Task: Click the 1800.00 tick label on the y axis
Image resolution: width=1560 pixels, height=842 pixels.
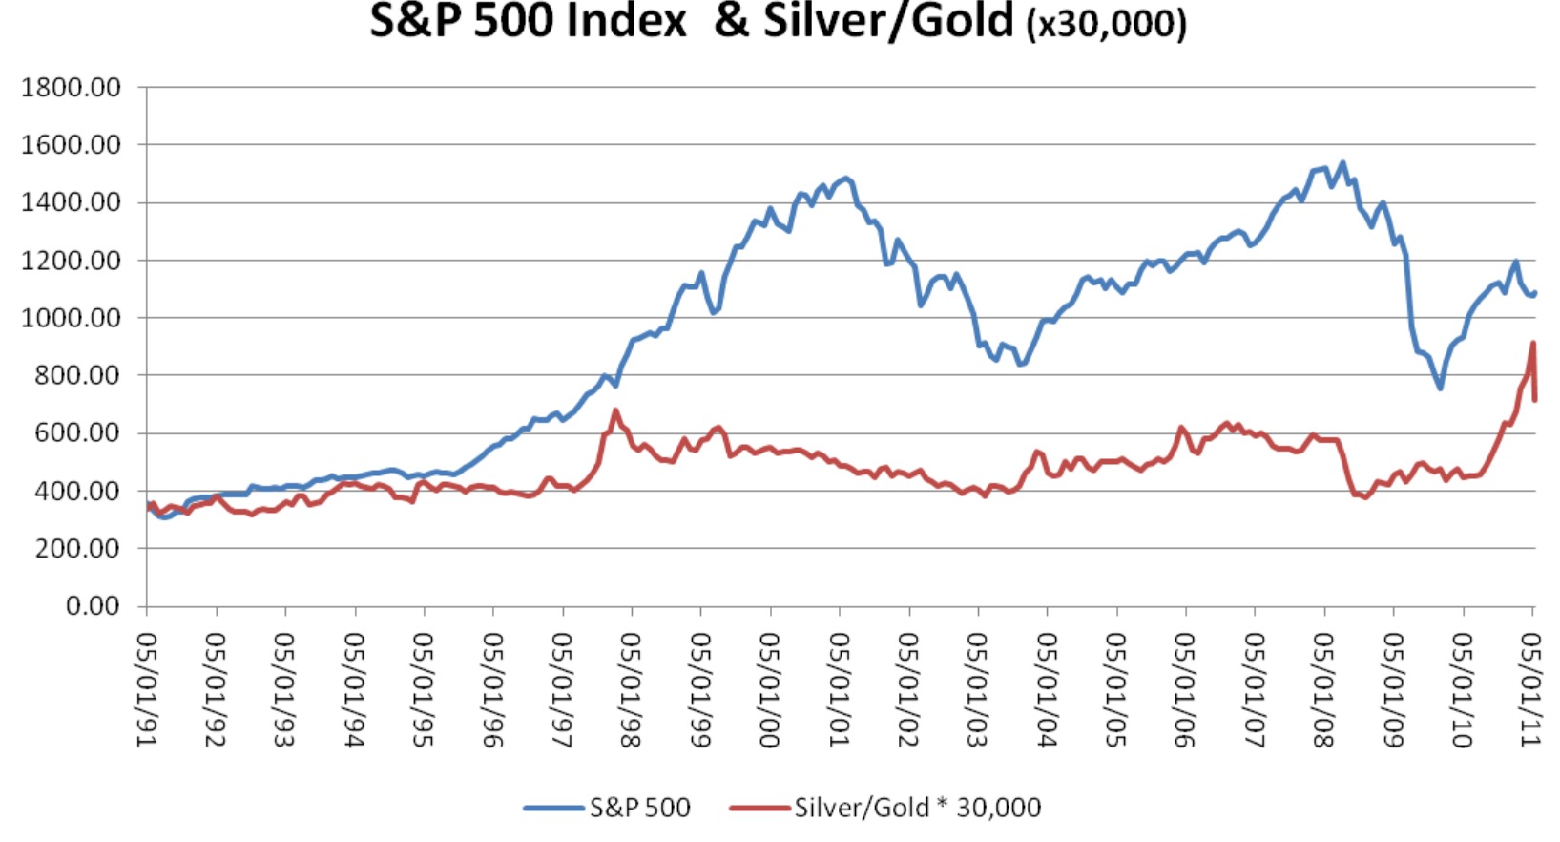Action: pyautogui.click(x=72, y=87)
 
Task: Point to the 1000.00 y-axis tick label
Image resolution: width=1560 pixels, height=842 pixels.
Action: pyautogui.click(x=72, y=318)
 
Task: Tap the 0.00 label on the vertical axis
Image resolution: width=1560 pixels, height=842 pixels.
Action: pyautogui.click(x=93, y=606)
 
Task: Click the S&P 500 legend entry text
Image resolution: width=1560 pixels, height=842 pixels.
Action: pyautogui.click(x=639, y=808)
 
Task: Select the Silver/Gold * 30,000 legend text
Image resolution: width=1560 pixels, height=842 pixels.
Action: pyautogui.click(x=917, y=808)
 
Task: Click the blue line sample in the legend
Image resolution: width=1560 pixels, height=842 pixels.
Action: pyautogui.click(x=553, y=809)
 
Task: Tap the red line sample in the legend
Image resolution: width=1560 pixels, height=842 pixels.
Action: pyautogui.click(x=759, y=809)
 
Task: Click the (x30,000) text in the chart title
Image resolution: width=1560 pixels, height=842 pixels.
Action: pyautogui.click(x=1106, y=23)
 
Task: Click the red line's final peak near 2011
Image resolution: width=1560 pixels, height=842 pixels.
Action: pyautogui.click(x=1532, y=343)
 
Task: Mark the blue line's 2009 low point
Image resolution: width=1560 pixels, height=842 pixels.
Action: pyautogui.click(x=1440, y=388)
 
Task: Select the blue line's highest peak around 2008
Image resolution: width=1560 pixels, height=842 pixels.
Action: pyautogui.click(x=1342, y=163)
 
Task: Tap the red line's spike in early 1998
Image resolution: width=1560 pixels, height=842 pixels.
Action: pyautogui.click(x=615, y=411)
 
